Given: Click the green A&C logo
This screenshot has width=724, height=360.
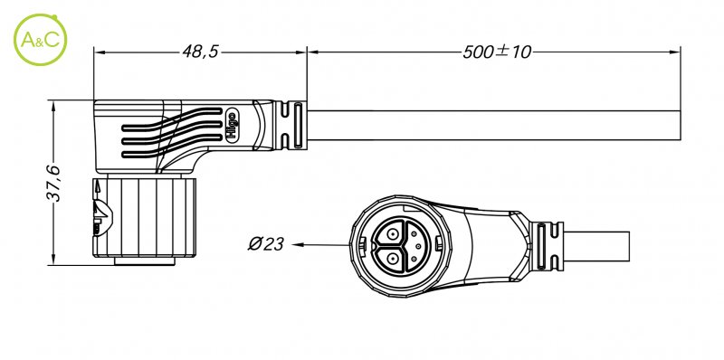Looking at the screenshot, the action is (x=40, y=40).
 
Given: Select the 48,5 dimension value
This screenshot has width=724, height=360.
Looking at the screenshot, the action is (x=200, y=52).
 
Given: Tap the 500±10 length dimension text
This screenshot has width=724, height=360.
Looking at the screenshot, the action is (x=497, y=52).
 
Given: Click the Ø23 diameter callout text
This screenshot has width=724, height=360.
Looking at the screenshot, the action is (x=265, y=243).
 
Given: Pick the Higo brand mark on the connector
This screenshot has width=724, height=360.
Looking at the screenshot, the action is (x=232, y=125).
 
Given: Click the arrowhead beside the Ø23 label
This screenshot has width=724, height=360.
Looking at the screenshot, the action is (x=299, y=244).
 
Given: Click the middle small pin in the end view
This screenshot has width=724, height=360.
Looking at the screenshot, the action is (x=418, y=246).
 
